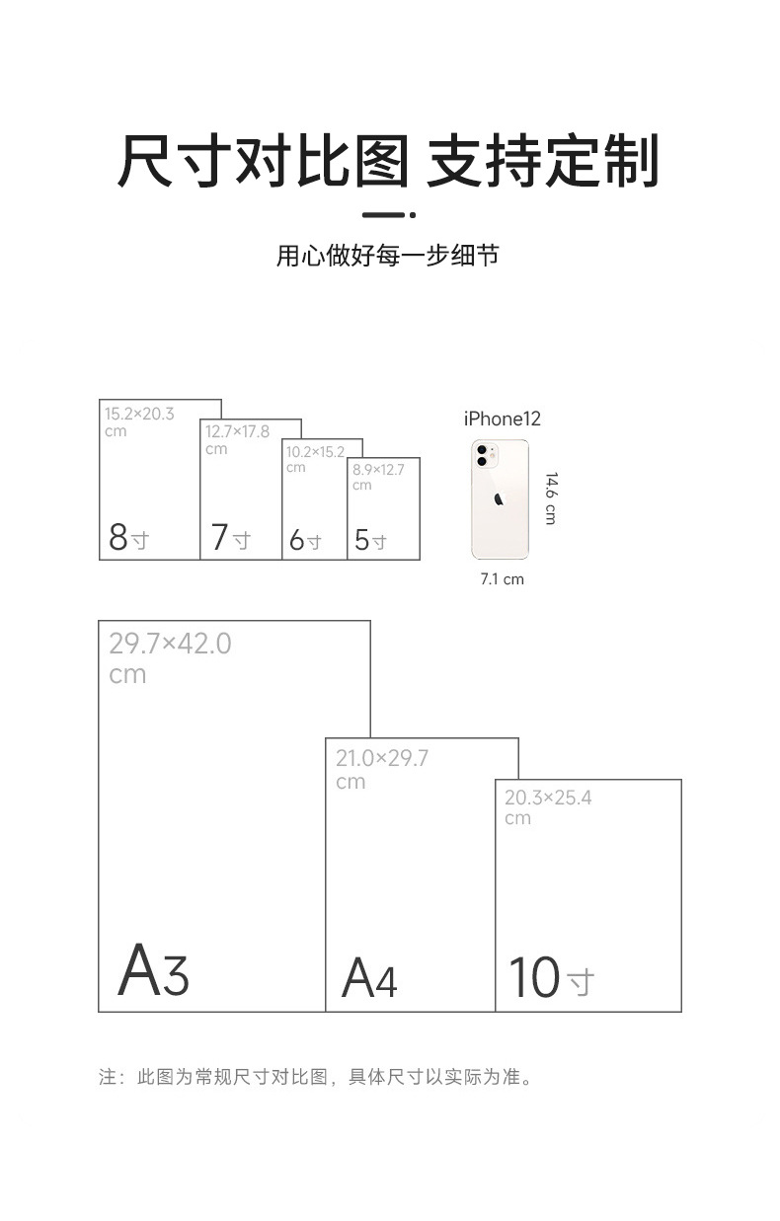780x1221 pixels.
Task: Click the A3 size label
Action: pos(153,971)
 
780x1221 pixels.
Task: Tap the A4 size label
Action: pos(369,978)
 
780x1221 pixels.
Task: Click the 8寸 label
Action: pos(128,538)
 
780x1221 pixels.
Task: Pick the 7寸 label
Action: pos(230,538)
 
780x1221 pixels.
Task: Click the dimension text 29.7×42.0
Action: pos(170,644)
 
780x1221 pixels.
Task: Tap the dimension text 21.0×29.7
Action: pos(382,758)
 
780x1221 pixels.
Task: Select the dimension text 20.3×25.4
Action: pos(548,798)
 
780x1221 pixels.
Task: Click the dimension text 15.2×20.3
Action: pos(139,414)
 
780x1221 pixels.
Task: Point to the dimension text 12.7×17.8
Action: pos(237,431)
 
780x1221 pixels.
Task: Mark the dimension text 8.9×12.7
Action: pos(378,470)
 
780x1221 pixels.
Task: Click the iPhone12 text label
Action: pos(503,420)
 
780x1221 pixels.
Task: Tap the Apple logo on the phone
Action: pos(499,497)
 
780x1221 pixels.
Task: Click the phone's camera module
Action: pos(484,455)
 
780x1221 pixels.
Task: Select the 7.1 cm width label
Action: pos(502,579)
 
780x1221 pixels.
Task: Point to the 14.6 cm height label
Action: pos(550,497)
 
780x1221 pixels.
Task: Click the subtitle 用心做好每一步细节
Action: pos(387,257)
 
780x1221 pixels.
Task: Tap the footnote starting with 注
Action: pos(316,1077)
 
